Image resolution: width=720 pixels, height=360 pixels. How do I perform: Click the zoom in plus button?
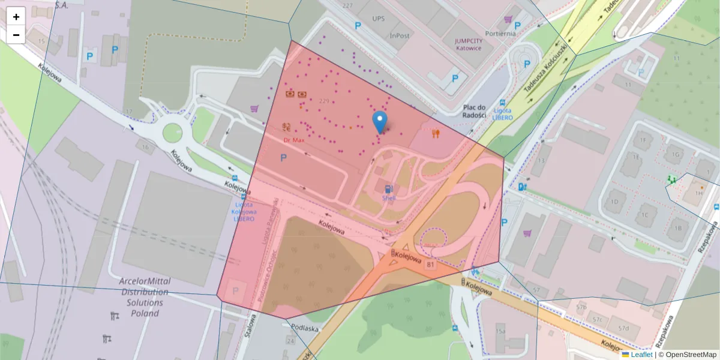point(16,16)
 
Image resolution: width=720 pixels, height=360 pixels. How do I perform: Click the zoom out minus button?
point(16,35)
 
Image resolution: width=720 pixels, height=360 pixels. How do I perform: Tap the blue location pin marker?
point(379,122)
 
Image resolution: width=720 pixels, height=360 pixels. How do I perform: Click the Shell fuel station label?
point(389,197)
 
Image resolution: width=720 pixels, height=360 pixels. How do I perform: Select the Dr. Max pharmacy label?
point(295,140)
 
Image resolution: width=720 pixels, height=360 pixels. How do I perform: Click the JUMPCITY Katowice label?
point(468,44)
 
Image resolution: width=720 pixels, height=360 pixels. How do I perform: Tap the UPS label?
point(378,19)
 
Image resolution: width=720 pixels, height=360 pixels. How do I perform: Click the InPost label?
point(400,35)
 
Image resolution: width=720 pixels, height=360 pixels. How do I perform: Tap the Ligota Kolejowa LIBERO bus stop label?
point(244,211)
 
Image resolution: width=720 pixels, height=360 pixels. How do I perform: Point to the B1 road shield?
point(430,263)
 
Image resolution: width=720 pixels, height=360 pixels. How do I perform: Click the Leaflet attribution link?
point(641,355)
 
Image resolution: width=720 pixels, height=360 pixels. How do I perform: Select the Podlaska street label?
point(304,328)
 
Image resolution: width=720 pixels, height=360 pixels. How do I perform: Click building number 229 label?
point(326,100)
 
